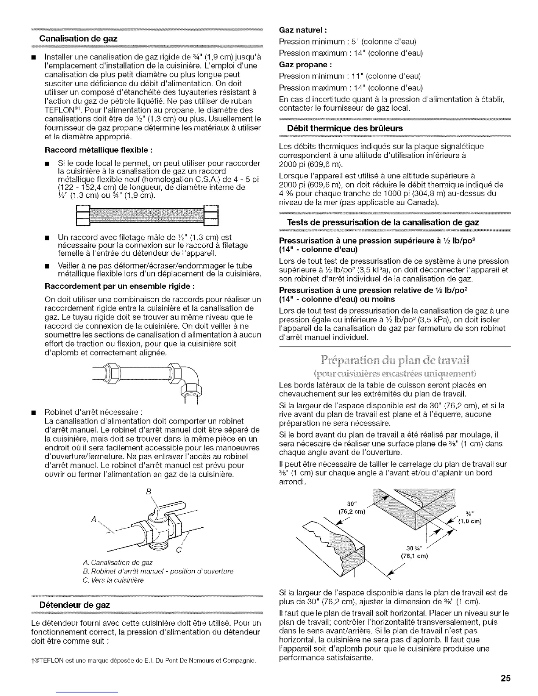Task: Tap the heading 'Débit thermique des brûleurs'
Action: [x=344, y=128]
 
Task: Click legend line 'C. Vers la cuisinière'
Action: [x=113, y=580]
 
